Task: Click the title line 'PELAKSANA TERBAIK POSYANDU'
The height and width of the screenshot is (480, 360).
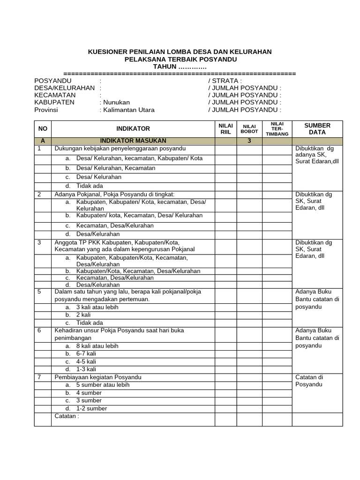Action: (180, 60)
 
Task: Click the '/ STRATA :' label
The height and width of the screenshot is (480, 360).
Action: (225, 81)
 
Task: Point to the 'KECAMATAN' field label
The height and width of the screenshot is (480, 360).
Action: (54, 95)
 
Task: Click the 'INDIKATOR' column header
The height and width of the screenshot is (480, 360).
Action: (133, 128)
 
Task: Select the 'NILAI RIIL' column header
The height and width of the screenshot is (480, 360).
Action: (225, 129)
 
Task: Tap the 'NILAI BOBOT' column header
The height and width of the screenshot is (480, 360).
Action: (249, 129)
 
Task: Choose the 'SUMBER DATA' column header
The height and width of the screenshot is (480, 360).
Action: (317, 129)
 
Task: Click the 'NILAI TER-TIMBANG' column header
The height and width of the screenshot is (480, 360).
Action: (277, 128)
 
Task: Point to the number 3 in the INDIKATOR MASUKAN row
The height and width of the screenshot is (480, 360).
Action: (249, 141)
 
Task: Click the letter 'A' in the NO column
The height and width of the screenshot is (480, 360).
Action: (43, 141)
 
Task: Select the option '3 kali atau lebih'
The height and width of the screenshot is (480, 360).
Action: (97, 307)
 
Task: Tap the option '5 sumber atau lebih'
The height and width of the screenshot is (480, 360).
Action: (103, 385)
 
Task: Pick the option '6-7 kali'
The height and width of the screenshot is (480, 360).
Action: (86, 354)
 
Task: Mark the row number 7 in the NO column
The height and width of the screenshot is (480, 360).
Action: (39, 377)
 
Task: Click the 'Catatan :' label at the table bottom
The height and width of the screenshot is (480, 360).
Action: (67, 416)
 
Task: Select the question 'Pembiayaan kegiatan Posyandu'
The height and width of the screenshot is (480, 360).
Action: (98, 377)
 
